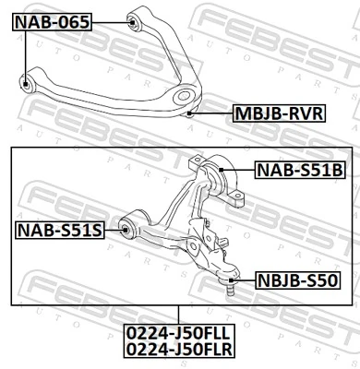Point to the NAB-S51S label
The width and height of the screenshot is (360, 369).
tap(57, 229)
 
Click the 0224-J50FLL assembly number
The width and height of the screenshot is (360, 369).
tap(180, 335)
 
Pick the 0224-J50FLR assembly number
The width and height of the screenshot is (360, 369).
tap(180, 351)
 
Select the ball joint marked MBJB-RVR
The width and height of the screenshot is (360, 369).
tap(189, 112)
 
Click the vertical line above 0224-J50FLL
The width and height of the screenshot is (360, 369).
tap(180, 315)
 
